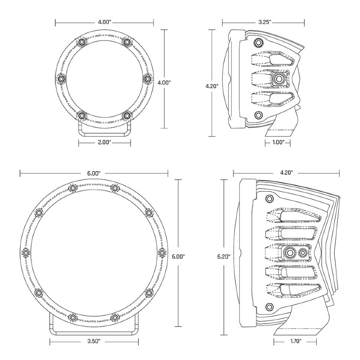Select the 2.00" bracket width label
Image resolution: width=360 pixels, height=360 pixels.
click(104, 141)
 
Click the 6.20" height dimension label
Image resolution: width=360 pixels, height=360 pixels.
click(225, 256)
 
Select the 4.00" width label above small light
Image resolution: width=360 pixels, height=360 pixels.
click(104, 22)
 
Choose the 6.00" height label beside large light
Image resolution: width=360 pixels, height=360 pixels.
click(179, 256)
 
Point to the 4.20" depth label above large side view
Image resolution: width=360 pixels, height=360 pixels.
click(286, 173)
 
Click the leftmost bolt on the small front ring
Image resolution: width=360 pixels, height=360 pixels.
click(61, 78)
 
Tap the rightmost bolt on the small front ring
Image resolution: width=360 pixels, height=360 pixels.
click(147, 78)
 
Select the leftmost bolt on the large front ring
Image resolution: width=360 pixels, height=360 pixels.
click(26, 253)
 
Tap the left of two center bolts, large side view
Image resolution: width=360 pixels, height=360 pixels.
click(289, 253)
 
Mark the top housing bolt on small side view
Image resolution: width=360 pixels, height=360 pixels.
click(259, 42)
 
